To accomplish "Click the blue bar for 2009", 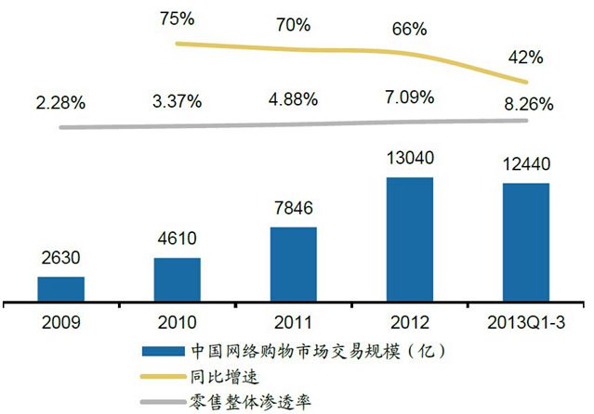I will point(60,290).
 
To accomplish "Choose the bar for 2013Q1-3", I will point(525,242).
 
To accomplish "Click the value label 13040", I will point(410,161).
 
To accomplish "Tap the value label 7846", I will point(294,211).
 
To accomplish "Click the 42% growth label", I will point(526,58).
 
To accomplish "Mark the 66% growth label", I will point(410,29).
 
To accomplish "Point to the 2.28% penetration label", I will point(60,101).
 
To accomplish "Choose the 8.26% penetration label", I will point(526,102).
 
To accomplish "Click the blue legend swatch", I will point(163,352).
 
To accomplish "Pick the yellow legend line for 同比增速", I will point(163,378).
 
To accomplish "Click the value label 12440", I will point(526,167).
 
